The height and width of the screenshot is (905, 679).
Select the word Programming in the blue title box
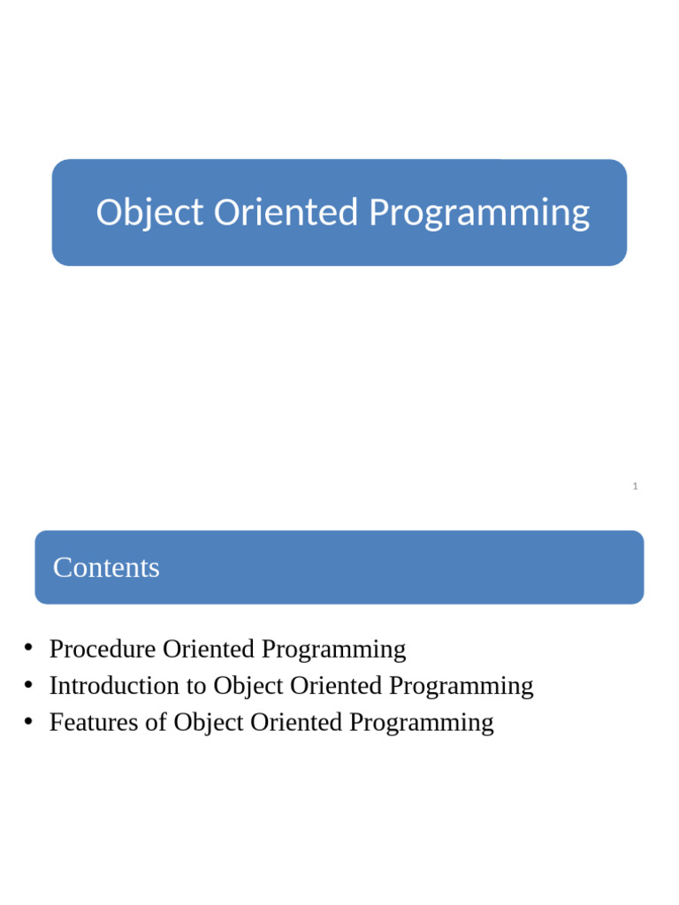point(479,213)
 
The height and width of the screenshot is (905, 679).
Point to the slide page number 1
point(635,486)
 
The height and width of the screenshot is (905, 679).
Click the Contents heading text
point(106,567)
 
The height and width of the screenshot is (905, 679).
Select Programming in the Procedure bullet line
point(334,650)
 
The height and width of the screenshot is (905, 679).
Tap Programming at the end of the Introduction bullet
point(462,686)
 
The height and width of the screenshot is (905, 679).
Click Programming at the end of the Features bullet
point(422,722)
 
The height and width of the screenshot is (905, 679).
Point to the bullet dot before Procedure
point(28,649)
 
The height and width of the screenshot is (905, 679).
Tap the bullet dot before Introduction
point(28,685)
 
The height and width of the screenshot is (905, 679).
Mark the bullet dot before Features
point(28,721)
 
